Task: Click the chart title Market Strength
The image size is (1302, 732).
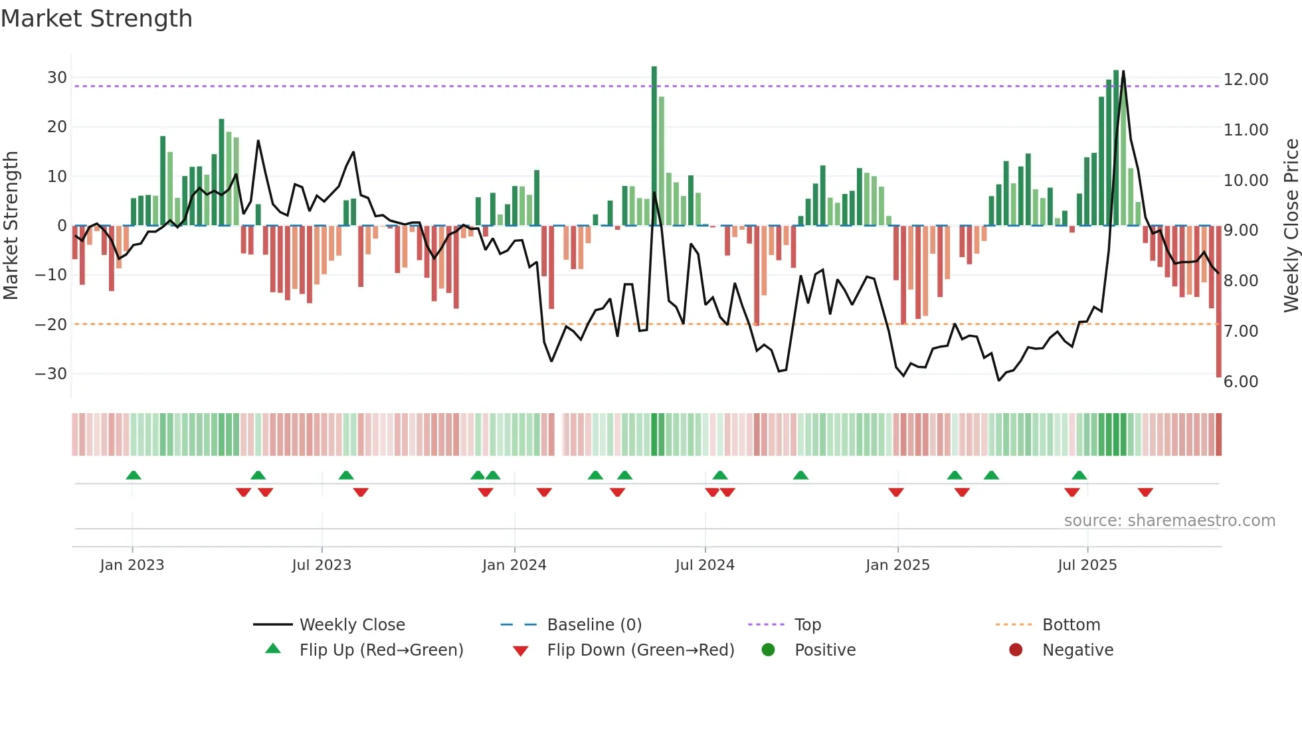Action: click(96, 19)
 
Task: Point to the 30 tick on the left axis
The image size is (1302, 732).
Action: click(56, 78)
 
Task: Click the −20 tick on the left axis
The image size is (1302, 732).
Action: click(51, 325)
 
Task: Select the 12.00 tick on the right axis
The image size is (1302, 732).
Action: click(1246, 80)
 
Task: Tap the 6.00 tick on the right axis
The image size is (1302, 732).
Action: click(1240, 382)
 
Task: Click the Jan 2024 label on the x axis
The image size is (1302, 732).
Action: click(514, 565)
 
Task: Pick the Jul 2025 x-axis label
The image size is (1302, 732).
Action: click(1087, 565)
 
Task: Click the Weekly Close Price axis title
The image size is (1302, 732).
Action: click(1291, 226)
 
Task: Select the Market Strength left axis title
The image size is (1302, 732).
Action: click(11, 226)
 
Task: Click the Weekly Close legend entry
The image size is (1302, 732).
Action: click(351, 625)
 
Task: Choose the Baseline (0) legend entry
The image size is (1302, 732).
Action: click(594, 625)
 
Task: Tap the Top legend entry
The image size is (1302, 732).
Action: click(807, 625)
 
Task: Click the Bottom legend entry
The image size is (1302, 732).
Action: click(1071, 625)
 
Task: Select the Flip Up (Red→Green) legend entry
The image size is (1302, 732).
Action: click(381, 650)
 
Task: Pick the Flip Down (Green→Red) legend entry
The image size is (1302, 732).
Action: click(640, 650)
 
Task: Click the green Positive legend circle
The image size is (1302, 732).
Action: click(768, 650)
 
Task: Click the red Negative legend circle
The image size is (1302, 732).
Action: click(1016, 650)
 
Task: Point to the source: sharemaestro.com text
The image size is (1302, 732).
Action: click(1169, 521)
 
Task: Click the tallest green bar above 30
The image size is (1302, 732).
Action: click(654, 146)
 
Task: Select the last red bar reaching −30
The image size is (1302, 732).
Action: click(1218, 302)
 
